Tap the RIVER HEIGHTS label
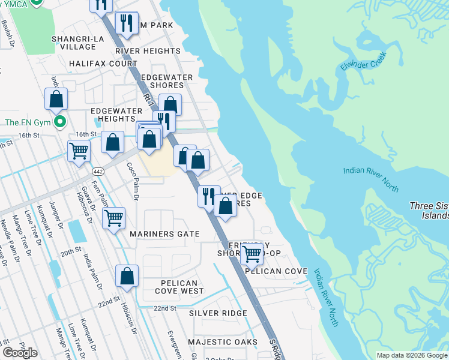coord(148,52)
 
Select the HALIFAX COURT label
coord(103,63)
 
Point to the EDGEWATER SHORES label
coord(166,81)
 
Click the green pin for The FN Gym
coord(59,122)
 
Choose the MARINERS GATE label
coord(163,234)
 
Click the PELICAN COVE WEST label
coord(179,287)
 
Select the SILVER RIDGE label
coord(218,313)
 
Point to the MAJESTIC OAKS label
coord(222,342)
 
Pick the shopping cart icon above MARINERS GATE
coord(113,218)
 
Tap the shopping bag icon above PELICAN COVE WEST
coord(127,277)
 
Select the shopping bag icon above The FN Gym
coord(56,100)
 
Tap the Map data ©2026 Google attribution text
coord(411,355)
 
